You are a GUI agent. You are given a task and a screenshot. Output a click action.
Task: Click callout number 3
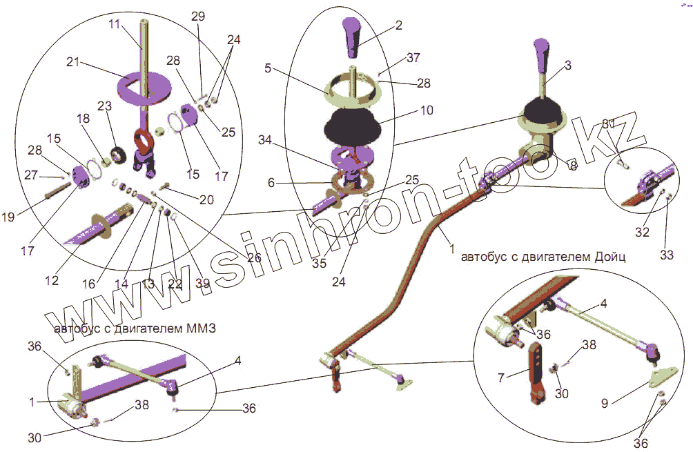point(567,66)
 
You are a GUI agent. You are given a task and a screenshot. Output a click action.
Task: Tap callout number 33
point(665,255)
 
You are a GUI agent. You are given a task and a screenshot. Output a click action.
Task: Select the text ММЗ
point(201,329)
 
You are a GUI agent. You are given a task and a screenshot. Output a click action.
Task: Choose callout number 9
point(605,402)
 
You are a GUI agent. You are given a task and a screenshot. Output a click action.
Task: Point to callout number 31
point(608,124)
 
